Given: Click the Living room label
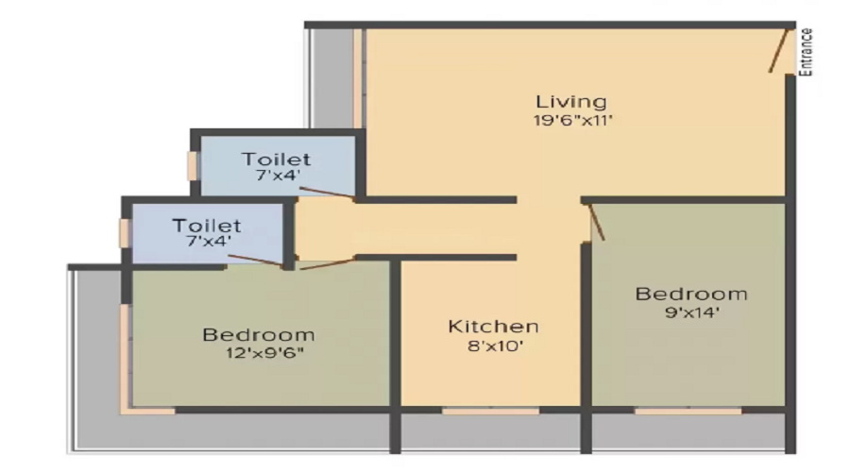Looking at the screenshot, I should click(x=570, y=101).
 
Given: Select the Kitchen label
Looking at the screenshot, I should click(x=493, y=327).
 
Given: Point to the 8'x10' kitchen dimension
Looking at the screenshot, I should click(x=493, y=346).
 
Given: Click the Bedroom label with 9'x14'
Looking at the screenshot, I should click(x=690, y=294).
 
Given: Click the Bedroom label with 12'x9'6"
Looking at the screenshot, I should click(x=258, y=334).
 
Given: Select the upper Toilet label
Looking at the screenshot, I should click(x=276, y=158).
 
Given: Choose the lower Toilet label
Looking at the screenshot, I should click(x=207, y=226).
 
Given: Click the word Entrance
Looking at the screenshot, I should click(x=807, y=51).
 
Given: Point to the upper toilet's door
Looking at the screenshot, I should click(x=326, y=194).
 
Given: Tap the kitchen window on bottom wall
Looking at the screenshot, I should click(x=490, y=411).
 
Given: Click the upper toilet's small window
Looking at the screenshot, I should click(x=192, y=165).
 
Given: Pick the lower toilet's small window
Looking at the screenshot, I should click(x=124, y=232).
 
